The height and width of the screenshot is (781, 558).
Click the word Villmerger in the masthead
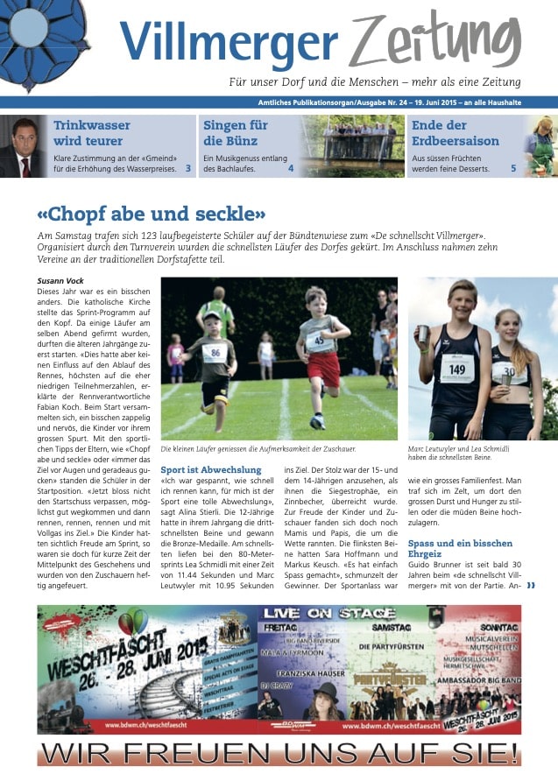point(229,39)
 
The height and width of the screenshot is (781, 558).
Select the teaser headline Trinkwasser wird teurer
point(88,132)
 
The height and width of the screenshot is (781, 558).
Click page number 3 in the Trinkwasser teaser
point(188,167)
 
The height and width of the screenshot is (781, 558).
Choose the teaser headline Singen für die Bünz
point(235,132)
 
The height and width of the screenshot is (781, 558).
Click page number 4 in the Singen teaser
point(291,167)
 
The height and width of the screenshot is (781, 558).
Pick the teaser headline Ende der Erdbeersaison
point(456,132)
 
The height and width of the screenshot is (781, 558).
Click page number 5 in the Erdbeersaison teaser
point(513,167)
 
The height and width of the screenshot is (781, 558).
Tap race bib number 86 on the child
point(213,353)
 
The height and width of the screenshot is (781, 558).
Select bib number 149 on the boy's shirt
point(457,369)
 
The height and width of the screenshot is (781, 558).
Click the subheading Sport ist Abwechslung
point(211,470)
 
